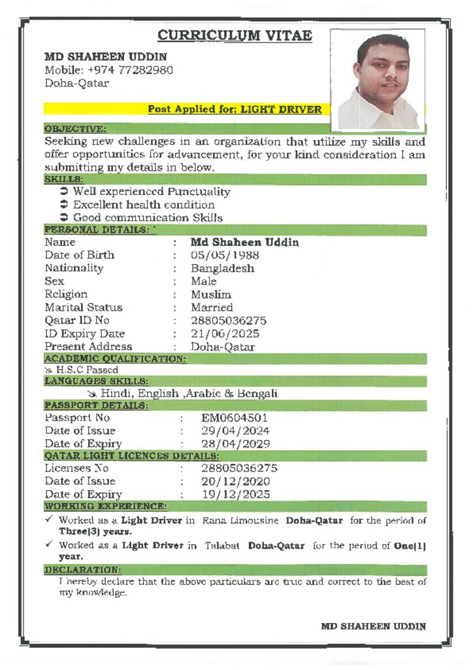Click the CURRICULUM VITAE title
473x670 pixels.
pyautogui.click(x=235, y=35)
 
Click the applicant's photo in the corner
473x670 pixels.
pyautogui.click(x=378, y=80)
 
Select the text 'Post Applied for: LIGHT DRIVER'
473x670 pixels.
pyautogui.click(x=235, y=109)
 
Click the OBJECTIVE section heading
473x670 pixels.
pyautogui.click(x=75, y=129)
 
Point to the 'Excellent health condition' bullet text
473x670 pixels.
pyautogui.click(x=144, y=205)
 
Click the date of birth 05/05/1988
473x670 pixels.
pyautogui.click(x=225, y=255)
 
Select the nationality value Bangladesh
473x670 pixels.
pyautogui.click(x=222, y=268)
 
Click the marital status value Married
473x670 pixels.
pyautogui.click(x=212, y=308)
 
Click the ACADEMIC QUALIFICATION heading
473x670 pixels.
pyautogui.click(x=115, y=359)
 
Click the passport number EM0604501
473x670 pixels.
pyautogui.click(x=235, y=417)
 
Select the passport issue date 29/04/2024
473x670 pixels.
pyautogui.click(x=235, y=431)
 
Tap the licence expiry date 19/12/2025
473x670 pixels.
pyautogui.click(x=235, y=495)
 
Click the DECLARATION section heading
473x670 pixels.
pyautogui.click(x=82, y=570)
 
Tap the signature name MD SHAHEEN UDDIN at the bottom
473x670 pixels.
pyautogui.click(x=373, y=626)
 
